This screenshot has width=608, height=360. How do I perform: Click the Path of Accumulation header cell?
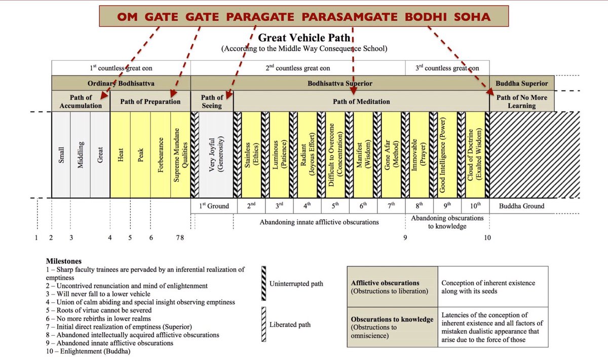(x=81, y=101)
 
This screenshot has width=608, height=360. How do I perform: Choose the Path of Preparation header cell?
(x=150, y=101)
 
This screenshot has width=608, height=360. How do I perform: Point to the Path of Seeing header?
(x=212, y=101)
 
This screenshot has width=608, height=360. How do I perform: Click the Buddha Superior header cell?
(x=521, y=84)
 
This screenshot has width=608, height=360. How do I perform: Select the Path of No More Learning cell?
(x=521, y=101)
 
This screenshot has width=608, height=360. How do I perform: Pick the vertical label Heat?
(x=121, y=155)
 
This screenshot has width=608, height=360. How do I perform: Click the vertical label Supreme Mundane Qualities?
(x=180, y=155)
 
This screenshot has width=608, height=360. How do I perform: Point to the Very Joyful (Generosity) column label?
(x=216, y=155)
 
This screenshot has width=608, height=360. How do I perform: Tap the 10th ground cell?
(x=475, y=206)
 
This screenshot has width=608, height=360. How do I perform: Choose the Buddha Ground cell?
(x=521, y=206)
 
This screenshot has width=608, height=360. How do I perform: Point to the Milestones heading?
(x=63, y=261)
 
